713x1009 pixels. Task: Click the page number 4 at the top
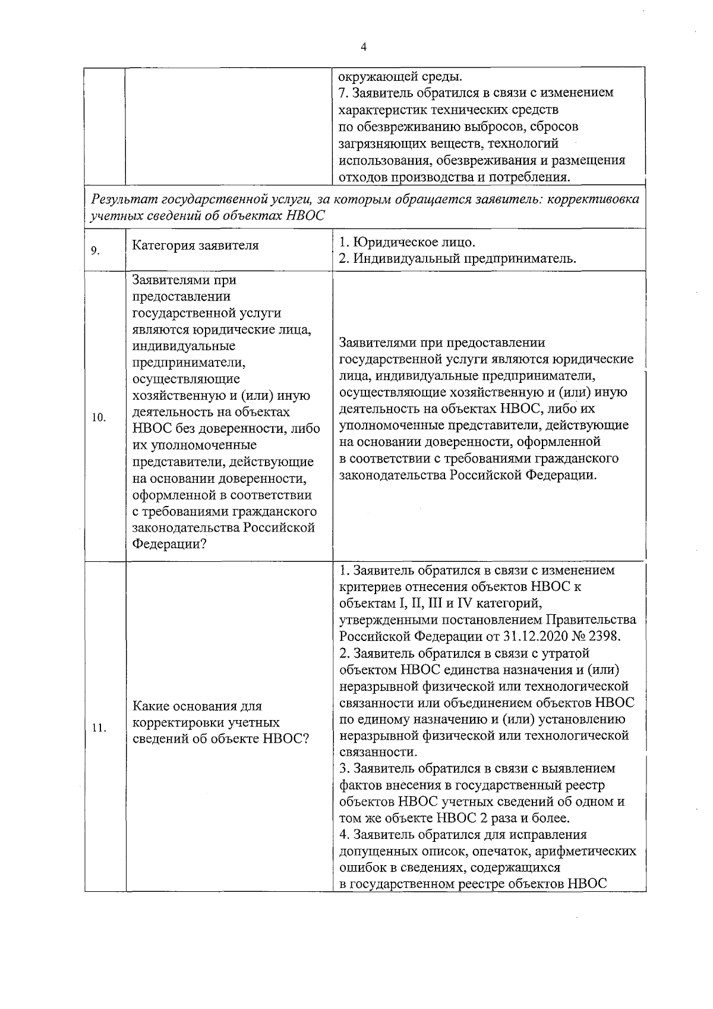pyautogui.click(x=363, y=47)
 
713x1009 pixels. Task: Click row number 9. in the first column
pyautogui.click(x=95, y=250)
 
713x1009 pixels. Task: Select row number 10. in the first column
pyautogui.click(x=99, y=417)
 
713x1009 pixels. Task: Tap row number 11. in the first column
pyautogui.click(x=99, y=728)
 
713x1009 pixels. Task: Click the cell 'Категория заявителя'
pyautogui.click(x=195, y=246)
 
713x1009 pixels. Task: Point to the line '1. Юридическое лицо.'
pyautogui.click(x=407, y=243)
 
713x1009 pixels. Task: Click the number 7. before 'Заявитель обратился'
pyautogui.click(x=343, y=93)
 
